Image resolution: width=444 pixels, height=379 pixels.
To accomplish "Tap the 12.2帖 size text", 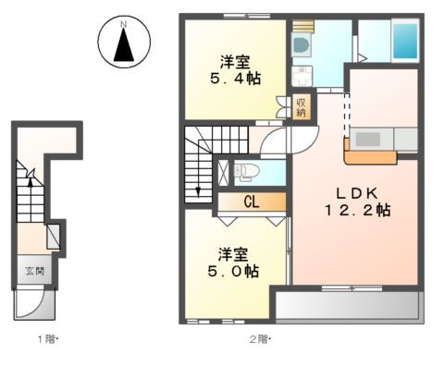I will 358,210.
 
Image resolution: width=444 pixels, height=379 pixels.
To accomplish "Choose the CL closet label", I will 251,202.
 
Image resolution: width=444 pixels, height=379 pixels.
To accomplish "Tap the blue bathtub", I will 405,43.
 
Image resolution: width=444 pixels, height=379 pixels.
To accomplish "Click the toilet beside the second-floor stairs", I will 245,169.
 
